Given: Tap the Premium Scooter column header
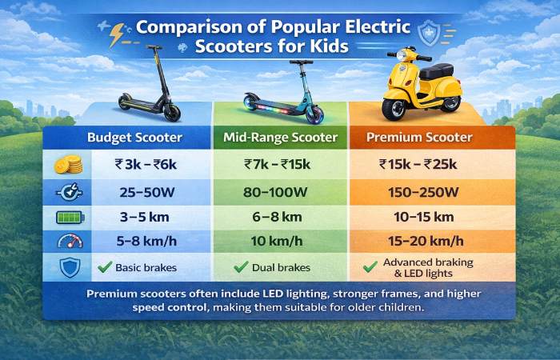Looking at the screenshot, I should coord(419,138).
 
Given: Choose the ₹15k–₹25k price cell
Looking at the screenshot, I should coord(419,166).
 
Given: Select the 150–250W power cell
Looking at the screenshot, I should coord(419,192).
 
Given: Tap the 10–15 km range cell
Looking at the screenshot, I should coord(419,218).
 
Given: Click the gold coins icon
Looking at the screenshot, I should coord(70,166).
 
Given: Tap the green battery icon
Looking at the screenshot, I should coord(70,218).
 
